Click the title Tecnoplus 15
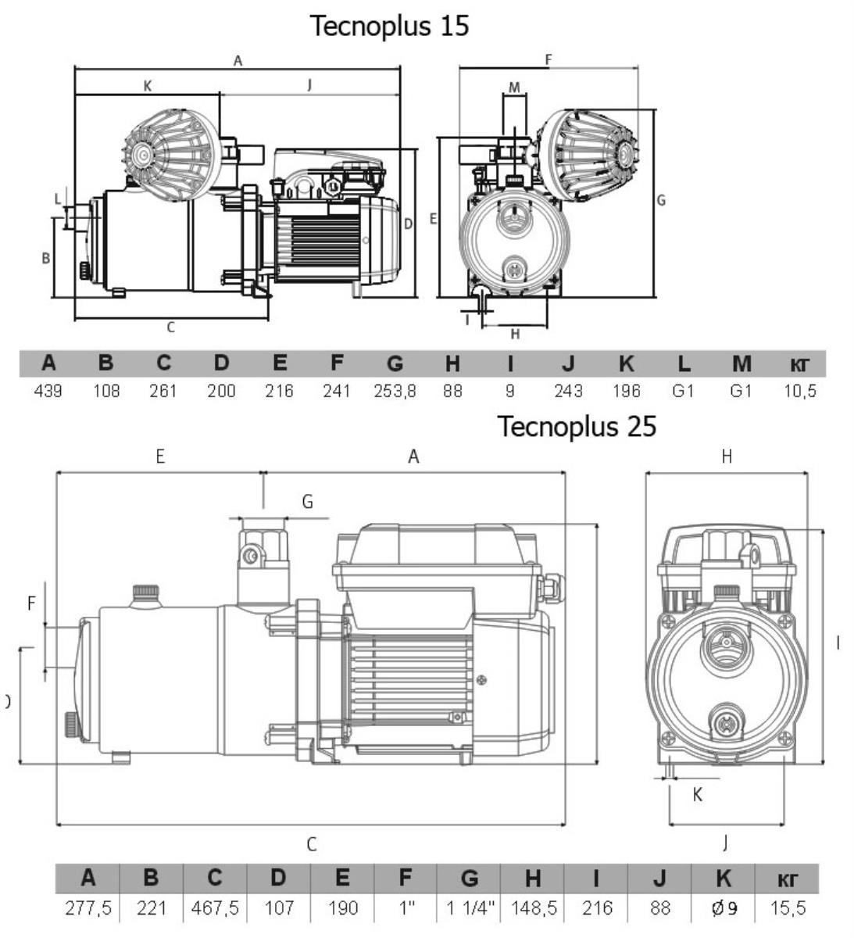(390, 25)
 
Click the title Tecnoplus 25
(577, 426)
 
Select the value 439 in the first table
(48, 391)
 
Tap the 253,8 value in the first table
(395, 391)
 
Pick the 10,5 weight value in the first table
(799, 391)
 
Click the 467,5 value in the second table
(215, 908)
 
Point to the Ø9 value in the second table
(724, 908)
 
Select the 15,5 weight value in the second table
(788, 908)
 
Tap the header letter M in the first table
(741, 363)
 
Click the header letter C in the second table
(215, 878)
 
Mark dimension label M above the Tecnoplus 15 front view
(514, 87)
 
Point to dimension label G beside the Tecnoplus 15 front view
(661, 200)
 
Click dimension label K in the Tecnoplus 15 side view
(148, 86)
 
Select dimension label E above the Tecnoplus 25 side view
(160, 456)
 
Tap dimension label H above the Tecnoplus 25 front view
(727, 456)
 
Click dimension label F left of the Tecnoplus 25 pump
(32, 603)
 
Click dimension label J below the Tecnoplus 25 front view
(726, 842)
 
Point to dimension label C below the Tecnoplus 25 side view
(311, 844)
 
